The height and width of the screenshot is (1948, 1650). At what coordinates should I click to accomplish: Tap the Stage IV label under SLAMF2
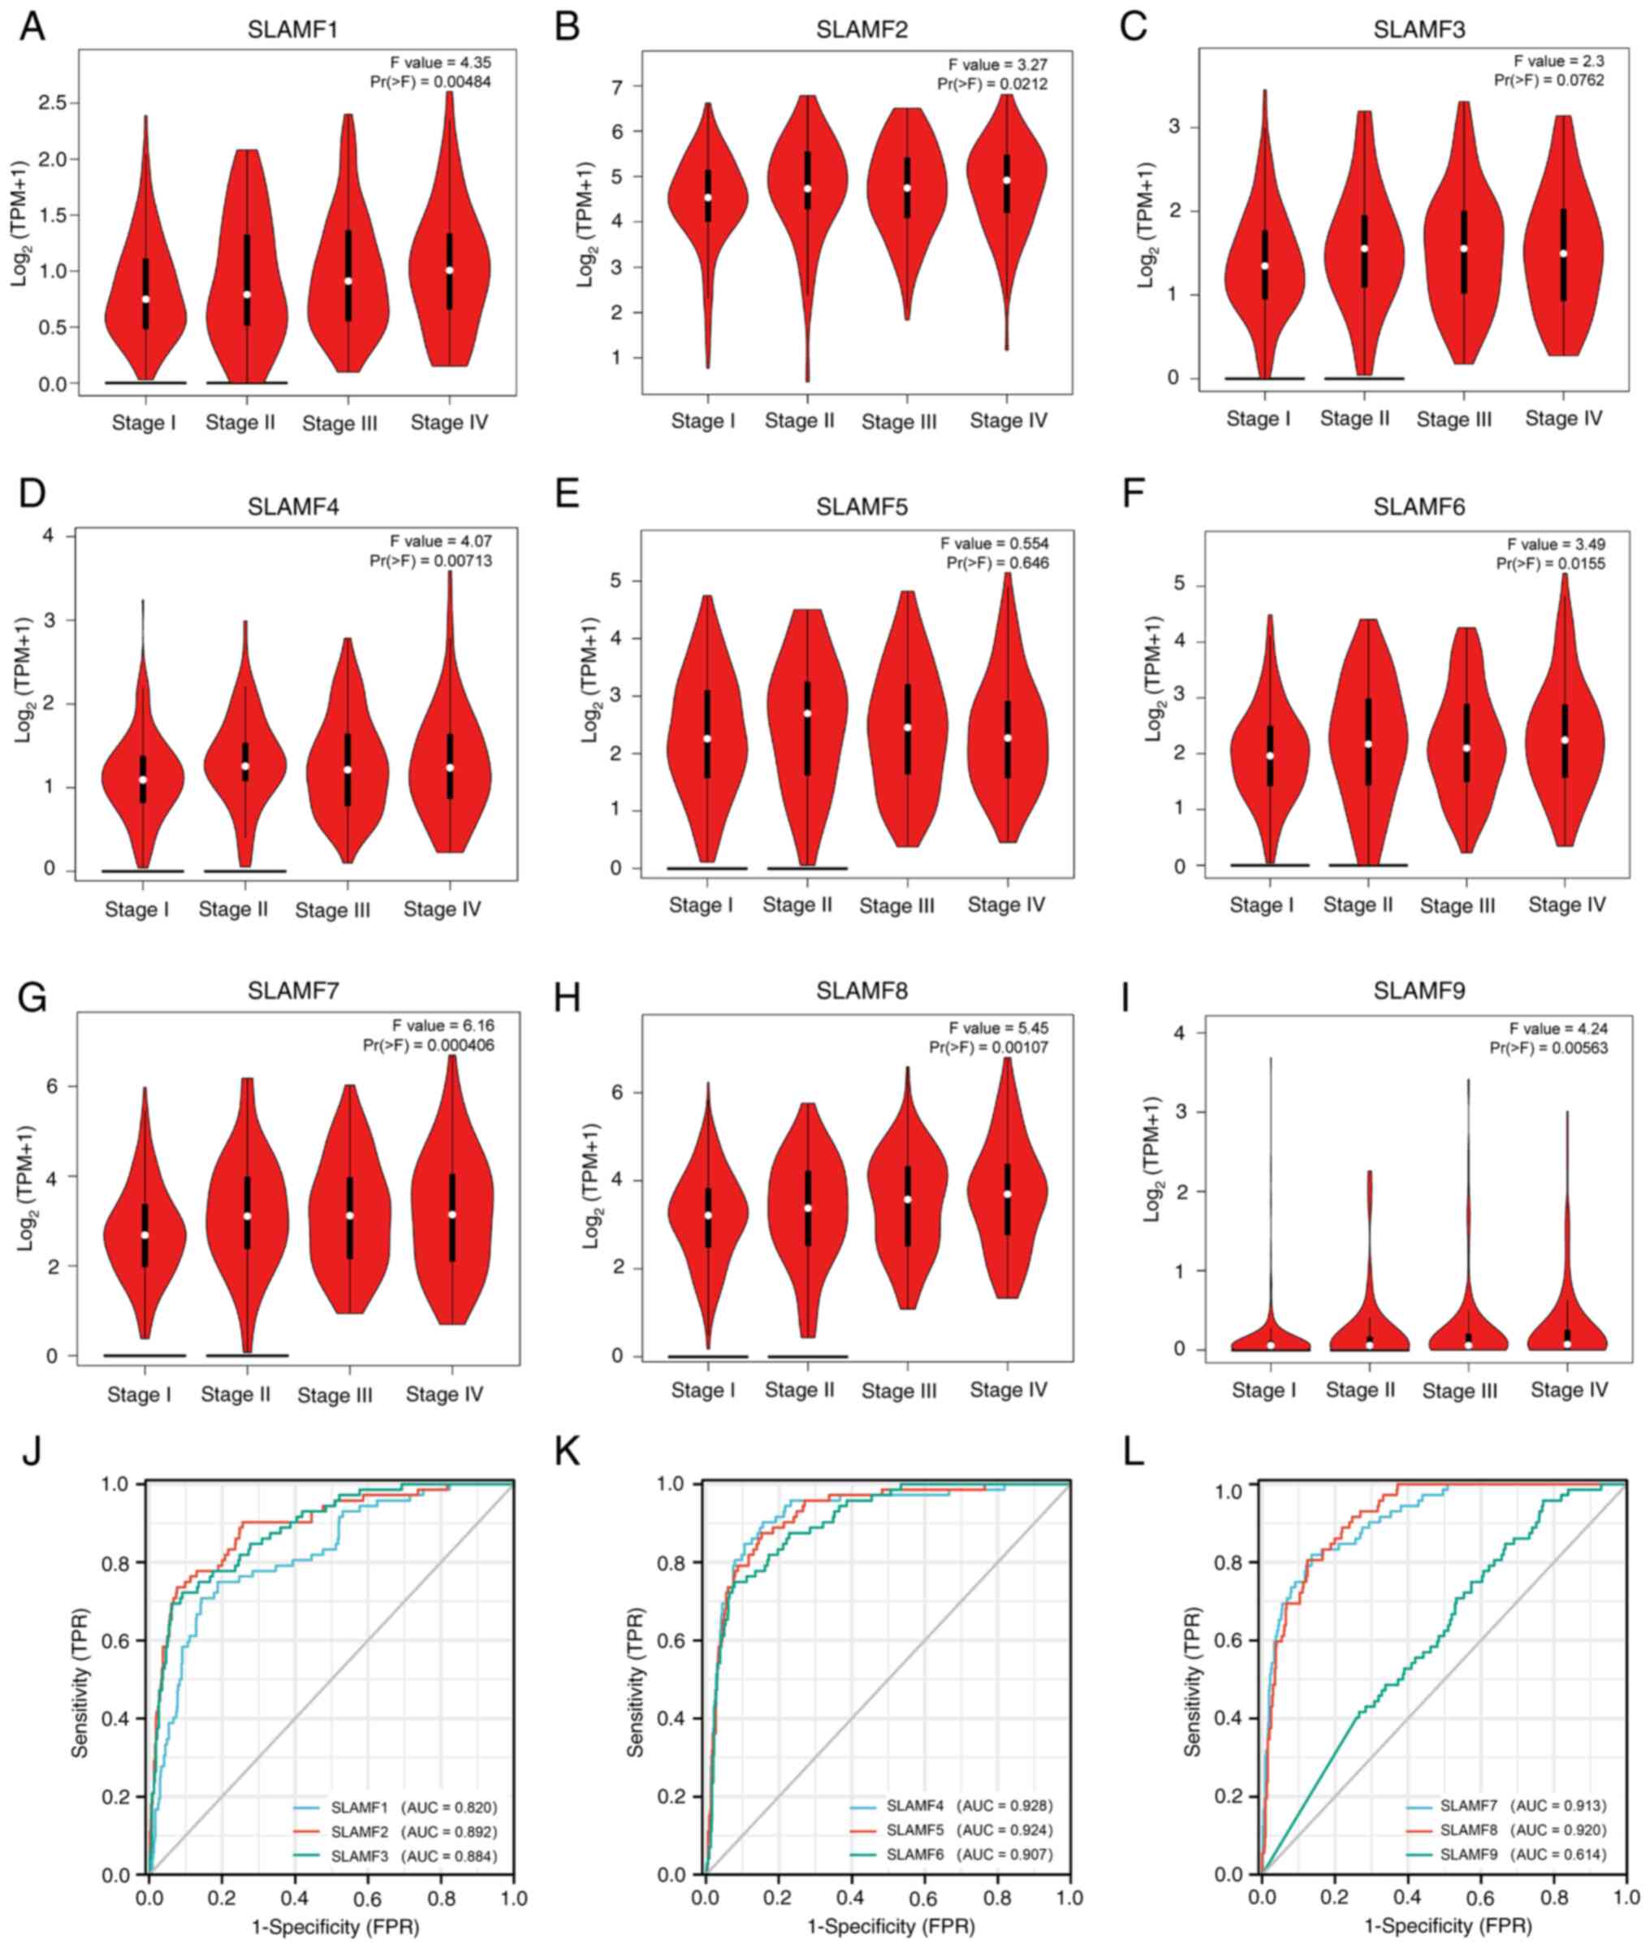[x=1009, y=421]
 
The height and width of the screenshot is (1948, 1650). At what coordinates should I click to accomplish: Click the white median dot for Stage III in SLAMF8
[x=907, y=1199]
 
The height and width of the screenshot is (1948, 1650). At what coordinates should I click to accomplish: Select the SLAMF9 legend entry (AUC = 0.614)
[x=1522, y=1855]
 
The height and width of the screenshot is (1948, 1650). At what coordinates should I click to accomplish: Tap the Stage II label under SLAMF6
[x=1358, y=905]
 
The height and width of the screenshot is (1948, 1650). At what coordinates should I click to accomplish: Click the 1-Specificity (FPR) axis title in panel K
[x=891, y=1928]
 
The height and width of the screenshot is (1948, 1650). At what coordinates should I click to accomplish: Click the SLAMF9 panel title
[x=1419, y=991]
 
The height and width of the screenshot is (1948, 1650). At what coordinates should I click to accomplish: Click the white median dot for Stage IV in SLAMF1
[x=449, y=270]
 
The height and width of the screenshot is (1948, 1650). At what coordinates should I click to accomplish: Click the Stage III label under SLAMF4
[x=333, y=910]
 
